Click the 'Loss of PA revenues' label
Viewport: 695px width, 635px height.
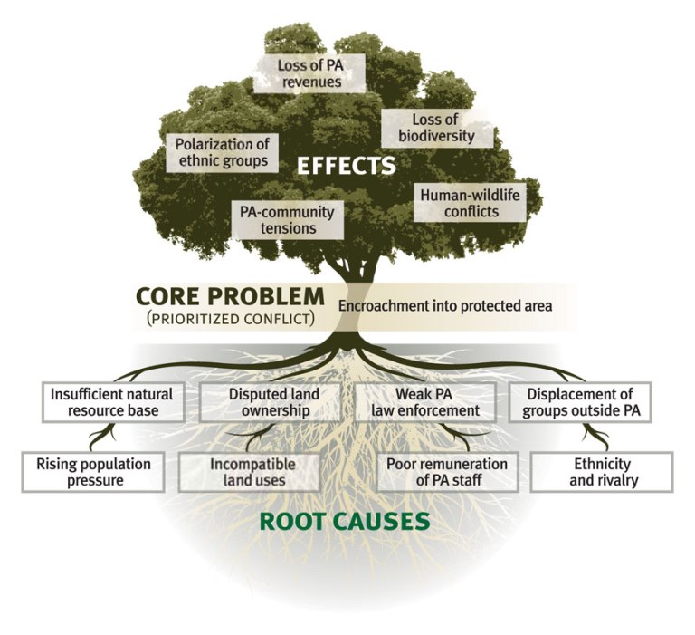[309, 72]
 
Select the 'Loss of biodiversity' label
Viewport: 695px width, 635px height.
[437, 129]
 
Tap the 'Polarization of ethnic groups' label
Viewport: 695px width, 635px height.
[222, 152]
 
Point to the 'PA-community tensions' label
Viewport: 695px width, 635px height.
[287, 219]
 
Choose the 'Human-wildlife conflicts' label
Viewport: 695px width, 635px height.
[471, 203]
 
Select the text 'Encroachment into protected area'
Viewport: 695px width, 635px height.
[444, 306]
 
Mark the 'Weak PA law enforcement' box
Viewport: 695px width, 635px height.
[425, 401]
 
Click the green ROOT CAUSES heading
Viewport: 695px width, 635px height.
[343, 522]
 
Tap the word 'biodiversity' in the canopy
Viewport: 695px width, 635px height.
[437, 137]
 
